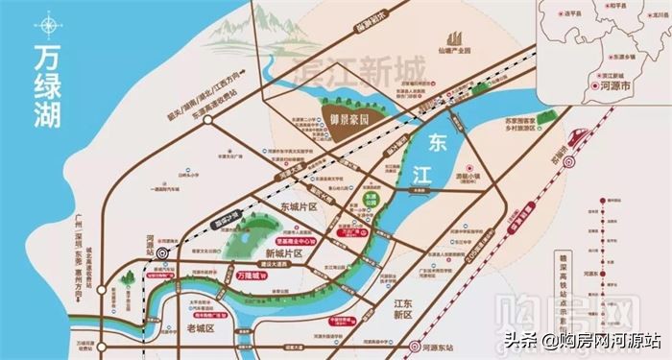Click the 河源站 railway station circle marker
pyautogui.click(x=162, y=252)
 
